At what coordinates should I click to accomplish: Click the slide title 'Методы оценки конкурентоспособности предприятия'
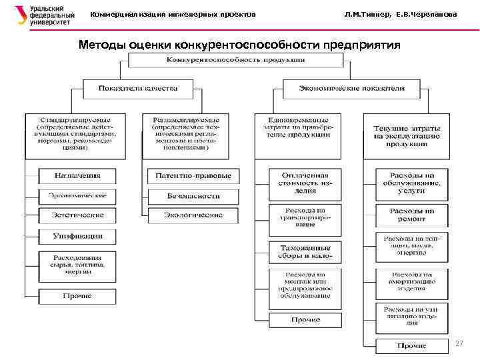click(239, 45)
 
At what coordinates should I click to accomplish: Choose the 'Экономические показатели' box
click(351, 88)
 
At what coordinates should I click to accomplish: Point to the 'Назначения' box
click(77, 176)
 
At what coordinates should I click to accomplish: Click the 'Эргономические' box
click(77, 196)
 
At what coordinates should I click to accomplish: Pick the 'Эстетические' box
click(77, 216)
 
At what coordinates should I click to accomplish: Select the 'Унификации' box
click(77, 236)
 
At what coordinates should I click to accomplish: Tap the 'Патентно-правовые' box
click(193, 176)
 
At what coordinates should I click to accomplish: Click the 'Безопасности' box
click(193, 196)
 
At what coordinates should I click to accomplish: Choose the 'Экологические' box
click(193, 216)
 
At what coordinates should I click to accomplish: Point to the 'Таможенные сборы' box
click(305, 252)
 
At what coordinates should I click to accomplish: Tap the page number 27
click(458, 343)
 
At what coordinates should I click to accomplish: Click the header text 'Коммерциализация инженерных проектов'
click(173, 15)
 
